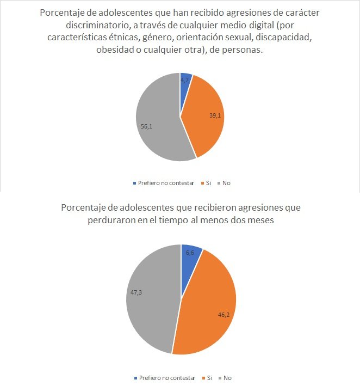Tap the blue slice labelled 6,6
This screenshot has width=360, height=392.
pos(190,256)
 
